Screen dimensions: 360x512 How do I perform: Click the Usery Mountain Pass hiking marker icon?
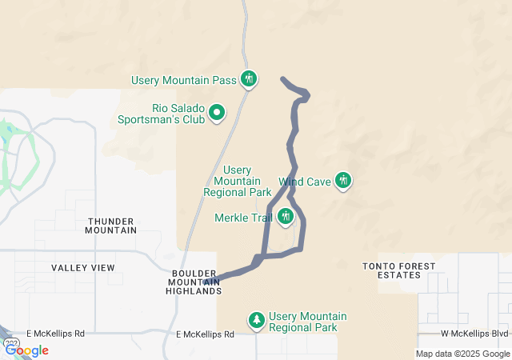[250, 79]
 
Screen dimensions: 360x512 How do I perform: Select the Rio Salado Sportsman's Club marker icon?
[217, 114]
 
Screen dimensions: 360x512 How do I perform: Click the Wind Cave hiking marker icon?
[343, 181]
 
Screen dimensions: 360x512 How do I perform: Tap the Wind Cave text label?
[305, 182]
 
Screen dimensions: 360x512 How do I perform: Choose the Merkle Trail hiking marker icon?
[286, 216]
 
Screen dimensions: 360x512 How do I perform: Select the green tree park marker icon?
[257, 321]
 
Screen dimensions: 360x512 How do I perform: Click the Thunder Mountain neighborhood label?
[111, 226]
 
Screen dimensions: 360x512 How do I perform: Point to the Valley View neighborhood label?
[83, 267]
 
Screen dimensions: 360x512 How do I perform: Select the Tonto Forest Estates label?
[399, 270]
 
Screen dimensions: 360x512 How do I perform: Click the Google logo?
[27, 350]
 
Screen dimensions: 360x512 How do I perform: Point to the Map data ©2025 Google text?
[462, 354]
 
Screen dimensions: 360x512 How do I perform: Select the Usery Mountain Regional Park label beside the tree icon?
[308, 322]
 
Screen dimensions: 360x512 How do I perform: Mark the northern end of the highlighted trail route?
[282, 78]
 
